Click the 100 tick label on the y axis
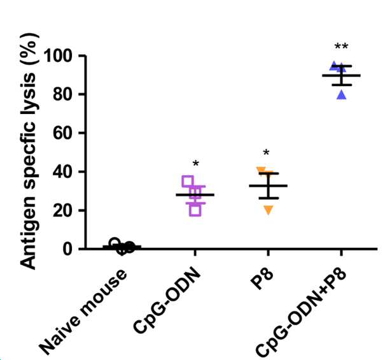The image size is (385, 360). click(60, 56)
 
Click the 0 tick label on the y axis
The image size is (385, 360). click(71, 249)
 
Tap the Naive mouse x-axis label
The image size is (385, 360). click(83, 312)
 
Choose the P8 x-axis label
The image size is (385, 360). click(262, 279)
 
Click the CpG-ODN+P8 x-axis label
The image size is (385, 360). click(302, 313)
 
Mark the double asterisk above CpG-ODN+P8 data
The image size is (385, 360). click(341, 47)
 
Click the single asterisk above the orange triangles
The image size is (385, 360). click(266, 152)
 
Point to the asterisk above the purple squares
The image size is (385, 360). click(196, 163)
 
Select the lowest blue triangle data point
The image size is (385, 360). click(342, 95)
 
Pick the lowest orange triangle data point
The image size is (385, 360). click(269, 210)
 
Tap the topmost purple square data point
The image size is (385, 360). click(188, 182)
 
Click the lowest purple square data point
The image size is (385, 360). click(195, 210)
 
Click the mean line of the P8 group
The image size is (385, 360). click(269, 185)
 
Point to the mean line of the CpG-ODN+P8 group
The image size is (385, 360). click(341, 75)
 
